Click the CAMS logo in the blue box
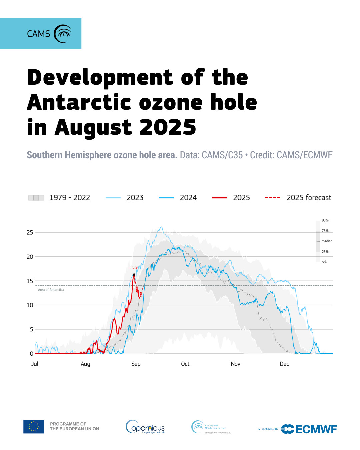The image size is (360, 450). pyautogui.click(x=49, y=34)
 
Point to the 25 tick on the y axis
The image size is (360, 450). pyautogui.click(x=30, y=232)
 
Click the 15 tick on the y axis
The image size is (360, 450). pyautogui.click(x=30, y=281)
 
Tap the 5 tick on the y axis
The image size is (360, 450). pyautogui.click(x=32, y=329)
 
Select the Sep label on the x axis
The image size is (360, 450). pyautogui.click(x=136, y=364)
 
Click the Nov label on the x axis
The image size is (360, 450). pyautogui.click(x=235, y=364)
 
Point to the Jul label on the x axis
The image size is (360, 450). pyautogui.click(x=35, y=364)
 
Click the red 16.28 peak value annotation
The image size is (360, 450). pyautogui.click(x=134, y=268)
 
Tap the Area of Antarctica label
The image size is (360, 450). pyautogui.click(x=51, y=290)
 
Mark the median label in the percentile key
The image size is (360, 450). pyautogui.click(x=327, y=241)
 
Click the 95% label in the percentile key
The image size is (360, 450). pyautogui.click(x=325, y=220)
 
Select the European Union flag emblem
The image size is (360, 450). pyautogui.click(x=34, y=426)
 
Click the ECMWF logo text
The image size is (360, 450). pyautogui.click(x=316, y=429)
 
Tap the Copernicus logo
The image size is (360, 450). pyautogui.click(x=145, y=427)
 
